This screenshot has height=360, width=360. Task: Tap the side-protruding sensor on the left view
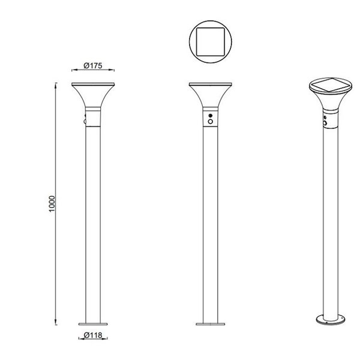click(x=86, y=121)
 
